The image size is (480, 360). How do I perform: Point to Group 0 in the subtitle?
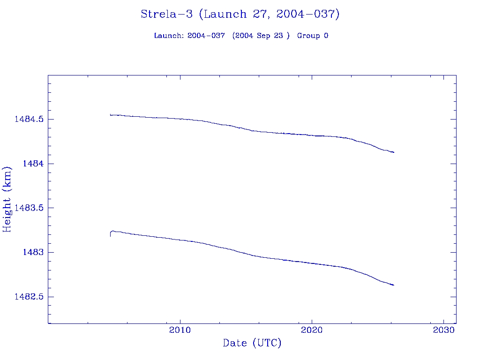click(312, 36)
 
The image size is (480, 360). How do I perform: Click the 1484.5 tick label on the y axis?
click(29, 120)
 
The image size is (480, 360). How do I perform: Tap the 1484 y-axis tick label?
click(34, 164)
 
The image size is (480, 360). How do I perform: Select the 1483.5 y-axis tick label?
click(29, 208)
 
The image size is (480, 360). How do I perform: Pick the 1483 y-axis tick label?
click(34, 252)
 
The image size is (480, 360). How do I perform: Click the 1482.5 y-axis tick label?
click(29, 297)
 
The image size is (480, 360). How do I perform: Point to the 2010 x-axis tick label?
click(180, 330)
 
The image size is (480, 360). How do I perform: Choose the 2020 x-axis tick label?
click(312, 330)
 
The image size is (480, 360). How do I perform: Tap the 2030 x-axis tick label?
click(444, 330)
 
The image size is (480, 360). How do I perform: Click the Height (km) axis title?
click(7, 199)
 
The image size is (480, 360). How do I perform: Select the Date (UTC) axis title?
click(252, 343)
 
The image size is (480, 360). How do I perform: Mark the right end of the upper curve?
click(394, 152)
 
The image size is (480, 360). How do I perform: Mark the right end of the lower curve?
click(394, 285)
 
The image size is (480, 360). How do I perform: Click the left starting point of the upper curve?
click(110, 114)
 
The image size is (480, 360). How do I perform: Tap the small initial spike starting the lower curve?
click(111, 233)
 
